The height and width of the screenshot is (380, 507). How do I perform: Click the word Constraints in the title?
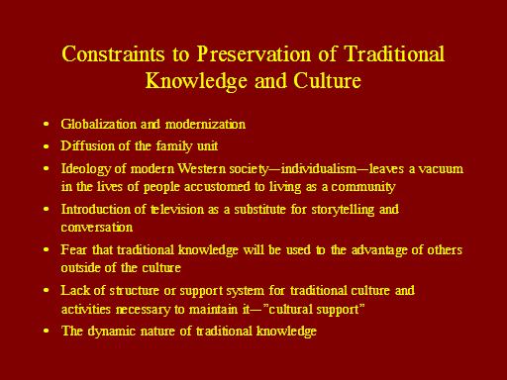[x=113, y=53]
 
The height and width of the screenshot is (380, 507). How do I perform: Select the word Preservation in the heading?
[x=254, y=53]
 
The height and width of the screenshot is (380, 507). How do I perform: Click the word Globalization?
[x=98, y=125]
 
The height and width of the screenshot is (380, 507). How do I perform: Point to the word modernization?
[x=205, y=125]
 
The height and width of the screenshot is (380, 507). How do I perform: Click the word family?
[x=174, y=146]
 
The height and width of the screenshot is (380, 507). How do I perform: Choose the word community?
[x=363, y=187]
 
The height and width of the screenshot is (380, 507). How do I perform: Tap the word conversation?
[x=97, y=228]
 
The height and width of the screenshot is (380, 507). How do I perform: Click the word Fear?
[x=73, y=249]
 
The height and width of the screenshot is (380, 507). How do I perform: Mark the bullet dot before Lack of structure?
[x=47, y=290]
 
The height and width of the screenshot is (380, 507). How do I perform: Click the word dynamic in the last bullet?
[x=111, y=332]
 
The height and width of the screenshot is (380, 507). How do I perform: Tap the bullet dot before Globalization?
[x=47, y=125]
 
